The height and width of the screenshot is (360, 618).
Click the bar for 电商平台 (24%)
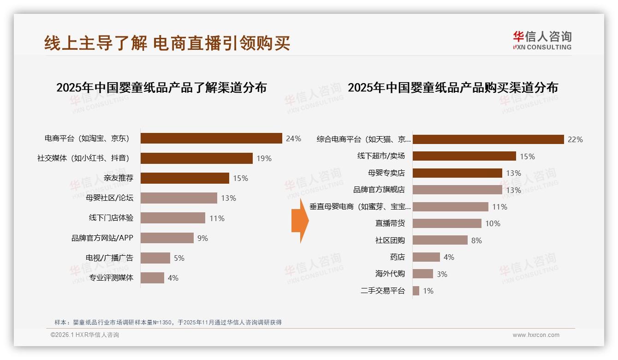[x=211, y=138]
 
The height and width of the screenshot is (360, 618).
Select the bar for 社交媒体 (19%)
[x=196, y=158]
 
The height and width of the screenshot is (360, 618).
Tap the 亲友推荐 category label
[x=119, y=178]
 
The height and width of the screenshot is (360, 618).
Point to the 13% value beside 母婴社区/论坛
[x=228, y=198]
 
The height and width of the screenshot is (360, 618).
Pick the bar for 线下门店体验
[x=173, y=218]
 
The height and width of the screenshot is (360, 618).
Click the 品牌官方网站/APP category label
[x=102, y=238]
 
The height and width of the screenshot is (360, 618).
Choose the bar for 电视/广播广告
[x=155, y=258]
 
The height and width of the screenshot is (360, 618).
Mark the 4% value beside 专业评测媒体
[x=173, y=278]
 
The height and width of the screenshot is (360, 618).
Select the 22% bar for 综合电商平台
[x=488, y=139]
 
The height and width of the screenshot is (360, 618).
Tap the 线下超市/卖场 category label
[x=381, y=156]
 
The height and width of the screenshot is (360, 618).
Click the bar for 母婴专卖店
[x=457, y=173]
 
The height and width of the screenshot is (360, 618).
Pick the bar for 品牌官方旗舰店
[x=457, y=190]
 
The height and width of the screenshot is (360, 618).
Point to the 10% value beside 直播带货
[x=493, y=223]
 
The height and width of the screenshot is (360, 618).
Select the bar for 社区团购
[x=440, y=240]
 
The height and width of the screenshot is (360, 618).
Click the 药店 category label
[x=397, y=257]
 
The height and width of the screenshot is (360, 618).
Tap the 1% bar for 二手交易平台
[x=416, y=291]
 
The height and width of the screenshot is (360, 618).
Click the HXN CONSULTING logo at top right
[x=542, y=41]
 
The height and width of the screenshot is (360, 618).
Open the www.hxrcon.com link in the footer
[x=536, y=335]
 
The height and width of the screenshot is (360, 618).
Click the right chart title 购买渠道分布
[x=452, y=88]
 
